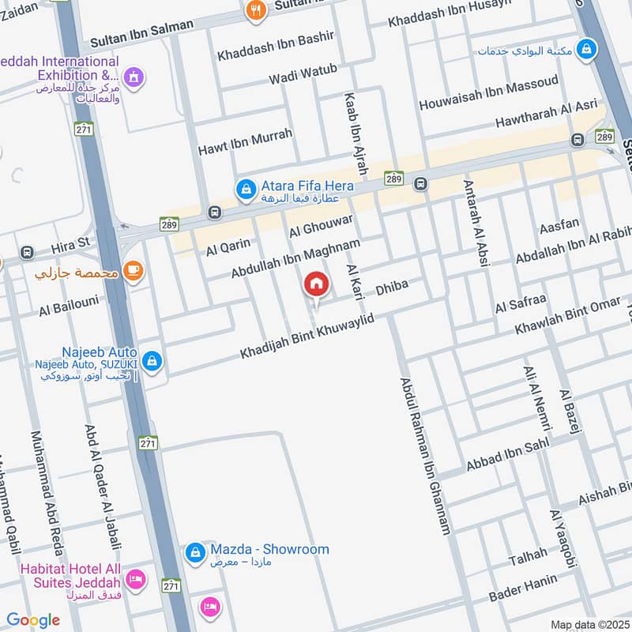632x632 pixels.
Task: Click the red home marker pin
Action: click(x=316, y=284)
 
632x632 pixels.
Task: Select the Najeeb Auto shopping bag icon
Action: click(x=152, y=363)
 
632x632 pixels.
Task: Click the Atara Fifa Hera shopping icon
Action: click(x=246, y=189)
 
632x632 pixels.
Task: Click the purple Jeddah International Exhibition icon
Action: click(x=134, y=77)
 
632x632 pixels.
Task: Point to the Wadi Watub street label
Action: click(x=303, y=74)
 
